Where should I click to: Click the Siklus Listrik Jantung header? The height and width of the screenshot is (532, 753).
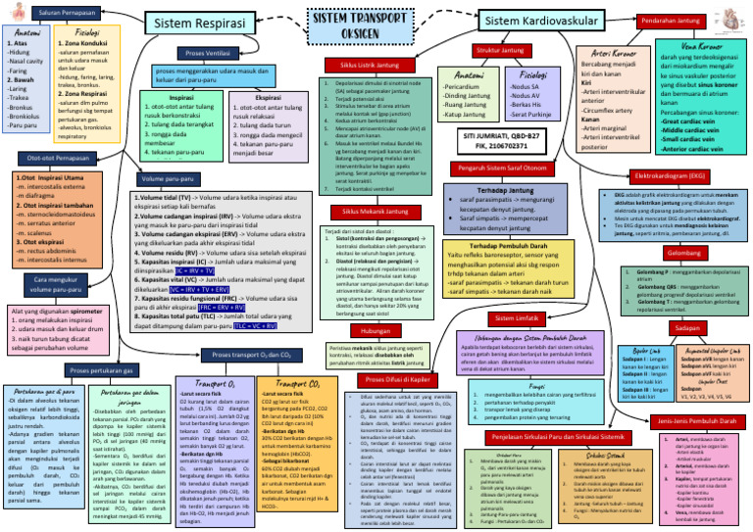coord(364,65)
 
